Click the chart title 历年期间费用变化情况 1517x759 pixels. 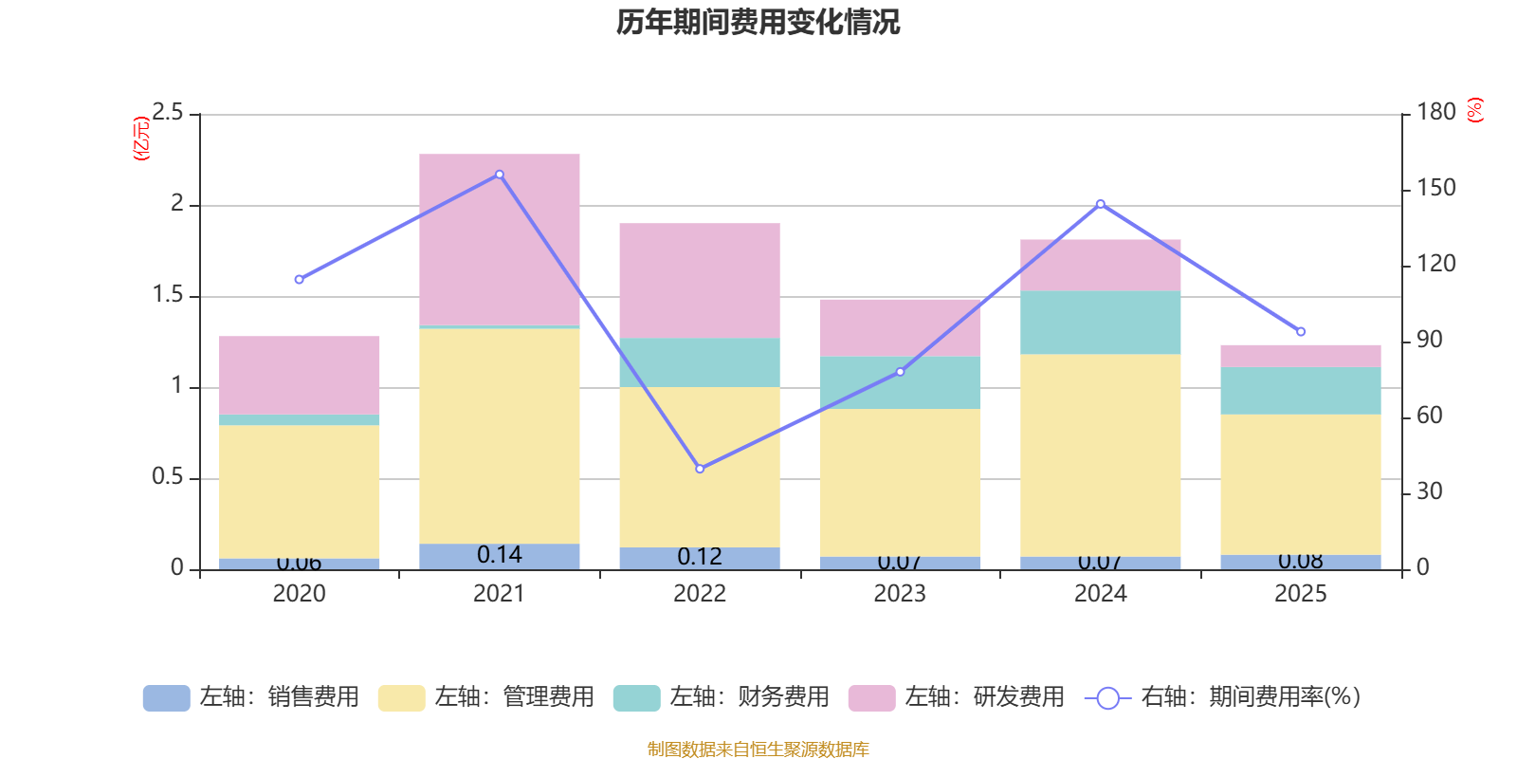[758, 22]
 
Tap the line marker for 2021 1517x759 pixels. [500, 175]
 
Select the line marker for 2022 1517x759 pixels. [700, 469]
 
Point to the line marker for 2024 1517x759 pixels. [1101, 204]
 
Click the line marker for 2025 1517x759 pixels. [1301, 332]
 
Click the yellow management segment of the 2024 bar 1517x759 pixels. [1101, 455]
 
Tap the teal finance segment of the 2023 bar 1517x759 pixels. [900, 382]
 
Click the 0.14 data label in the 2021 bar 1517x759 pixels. [500, 555]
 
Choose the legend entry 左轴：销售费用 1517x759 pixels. [251, 697]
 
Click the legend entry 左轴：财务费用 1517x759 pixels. [722, 697]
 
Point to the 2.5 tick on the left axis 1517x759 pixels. [169, 113]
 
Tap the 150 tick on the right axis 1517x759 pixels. [1435, 188]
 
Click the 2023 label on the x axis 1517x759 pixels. [900, 594]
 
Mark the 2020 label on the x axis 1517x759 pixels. [299, 594]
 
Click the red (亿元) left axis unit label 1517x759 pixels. [141, 139]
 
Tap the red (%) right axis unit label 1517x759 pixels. [1474, 110]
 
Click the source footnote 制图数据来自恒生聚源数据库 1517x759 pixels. [758, 750]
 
